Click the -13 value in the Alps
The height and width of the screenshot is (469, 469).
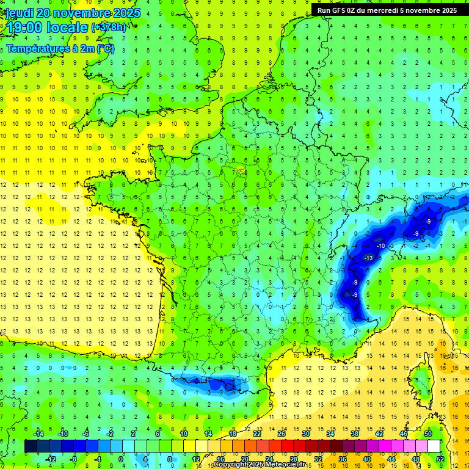coord(368,258)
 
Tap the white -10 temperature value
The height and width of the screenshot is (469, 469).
coord(380,245)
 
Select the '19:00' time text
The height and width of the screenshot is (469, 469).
coord(23,27)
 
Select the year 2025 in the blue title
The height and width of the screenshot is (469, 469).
coord(126,13)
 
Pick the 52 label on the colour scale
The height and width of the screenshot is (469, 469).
coord(440,459)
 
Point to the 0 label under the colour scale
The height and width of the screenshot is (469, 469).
coord(121,459)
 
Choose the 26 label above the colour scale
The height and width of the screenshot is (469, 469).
coord(282,433)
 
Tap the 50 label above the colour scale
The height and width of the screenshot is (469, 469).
coord(428,433)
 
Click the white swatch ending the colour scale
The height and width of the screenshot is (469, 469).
coord(434,446)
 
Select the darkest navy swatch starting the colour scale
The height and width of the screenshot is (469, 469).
coord(31,446)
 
